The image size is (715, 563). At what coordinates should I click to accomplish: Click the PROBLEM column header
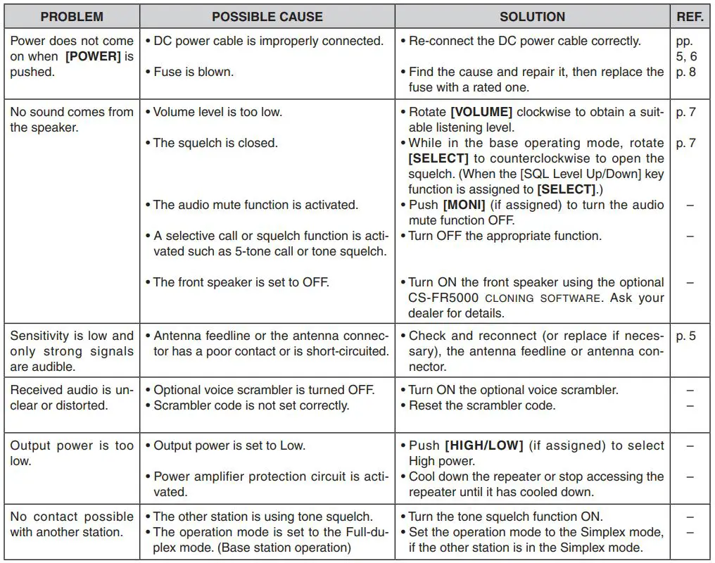coord(71,16)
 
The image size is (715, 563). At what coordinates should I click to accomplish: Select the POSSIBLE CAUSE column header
coord(267,16)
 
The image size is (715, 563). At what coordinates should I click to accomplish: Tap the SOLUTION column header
coord(532,16)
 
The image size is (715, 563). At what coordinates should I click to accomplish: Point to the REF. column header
coord(690,16)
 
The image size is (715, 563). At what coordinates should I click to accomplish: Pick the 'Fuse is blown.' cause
coord(193,72)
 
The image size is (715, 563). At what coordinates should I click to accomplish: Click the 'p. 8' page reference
coord(686,72)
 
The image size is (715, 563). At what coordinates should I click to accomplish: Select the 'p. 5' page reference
coord(686,336)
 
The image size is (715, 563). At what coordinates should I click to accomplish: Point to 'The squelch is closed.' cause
coord(215,143)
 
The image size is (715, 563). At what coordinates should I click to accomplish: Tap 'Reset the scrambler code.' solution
coord(481,405)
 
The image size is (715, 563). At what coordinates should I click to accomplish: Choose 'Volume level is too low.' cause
coord(217,112)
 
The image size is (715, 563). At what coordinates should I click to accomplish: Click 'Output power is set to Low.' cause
coord(229,445)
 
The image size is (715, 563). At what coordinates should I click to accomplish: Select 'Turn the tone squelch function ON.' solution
coord(505,517)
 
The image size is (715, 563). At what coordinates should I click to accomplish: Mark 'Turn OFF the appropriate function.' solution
coord(505,236)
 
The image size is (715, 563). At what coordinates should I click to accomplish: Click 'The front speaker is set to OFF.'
coord(241,282)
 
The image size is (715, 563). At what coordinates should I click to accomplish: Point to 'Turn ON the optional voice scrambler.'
coord(513,390)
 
